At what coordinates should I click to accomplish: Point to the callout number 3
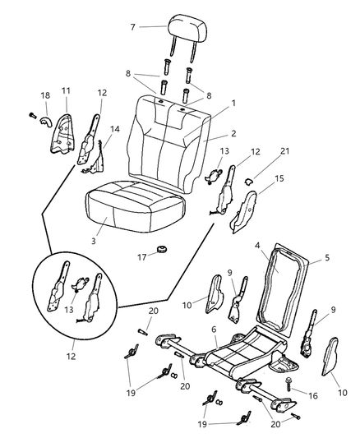[94, 242]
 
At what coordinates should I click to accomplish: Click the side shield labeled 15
[245, 211]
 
